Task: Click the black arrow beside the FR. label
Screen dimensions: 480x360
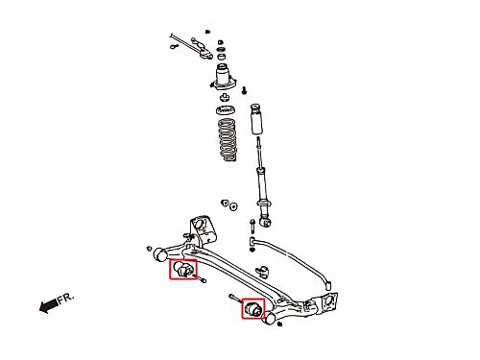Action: click(x=48, y=305)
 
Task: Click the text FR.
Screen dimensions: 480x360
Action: click(x=65, y=299)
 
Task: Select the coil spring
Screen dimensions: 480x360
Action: click(x=228, y=140)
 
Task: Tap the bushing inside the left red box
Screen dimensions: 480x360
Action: click(x=182, y=269)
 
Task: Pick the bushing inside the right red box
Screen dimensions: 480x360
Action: click(x=253, y=308)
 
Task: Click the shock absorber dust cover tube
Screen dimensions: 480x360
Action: click(x=256, y=119)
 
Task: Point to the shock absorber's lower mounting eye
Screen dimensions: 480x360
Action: click(x=266, y=222)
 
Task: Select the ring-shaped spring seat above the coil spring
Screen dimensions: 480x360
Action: click(x=226, y=110)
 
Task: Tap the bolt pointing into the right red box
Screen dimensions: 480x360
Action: click(x=235, y=299)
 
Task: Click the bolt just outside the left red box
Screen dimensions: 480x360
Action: click(x=200, y=278)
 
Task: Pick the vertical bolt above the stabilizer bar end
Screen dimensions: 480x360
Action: click(x=252, y=226)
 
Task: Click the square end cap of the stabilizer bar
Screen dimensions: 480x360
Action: click(x=327, y=285)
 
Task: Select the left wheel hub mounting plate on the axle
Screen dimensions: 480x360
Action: click(x=203, y=229)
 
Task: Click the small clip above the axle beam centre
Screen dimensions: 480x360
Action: click(x=263, y=272)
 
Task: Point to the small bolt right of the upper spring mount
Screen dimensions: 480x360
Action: click(x=244, y=90)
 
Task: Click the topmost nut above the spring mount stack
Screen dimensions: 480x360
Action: click(x=207, y=32)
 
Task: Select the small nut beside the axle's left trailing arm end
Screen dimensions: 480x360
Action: click(x=149, y=249)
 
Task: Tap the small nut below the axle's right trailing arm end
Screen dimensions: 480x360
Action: click(x=279, y=324)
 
